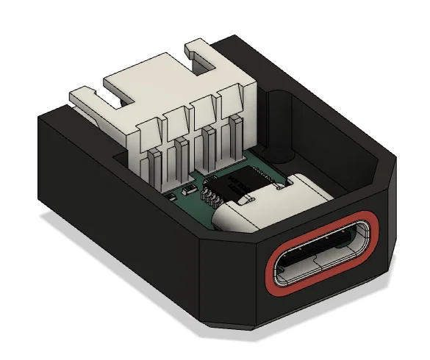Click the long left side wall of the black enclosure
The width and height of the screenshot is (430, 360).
click(110, 198)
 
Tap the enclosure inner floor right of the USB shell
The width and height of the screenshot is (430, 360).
click(345, 176)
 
